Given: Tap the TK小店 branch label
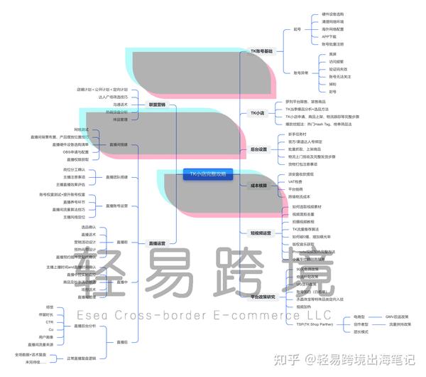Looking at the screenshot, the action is [257, 112].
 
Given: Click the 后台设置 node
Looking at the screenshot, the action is [259, 149].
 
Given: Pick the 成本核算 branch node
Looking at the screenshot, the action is [259, 186].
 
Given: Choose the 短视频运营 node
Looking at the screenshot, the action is [261, 233].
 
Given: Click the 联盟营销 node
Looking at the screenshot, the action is [156, 105].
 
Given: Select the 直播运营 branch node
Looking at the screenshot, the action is [157, 243].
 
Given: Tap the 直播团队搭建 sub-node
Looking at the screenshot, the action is [116, 176].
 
